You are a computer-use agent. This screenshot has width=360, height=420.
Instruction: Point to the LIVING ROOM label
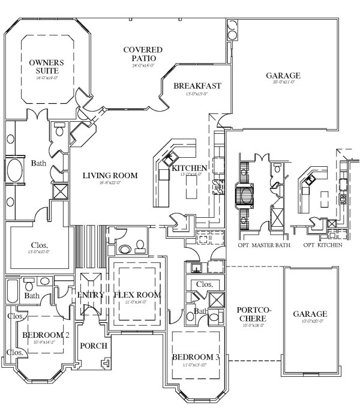(x=110, y=176)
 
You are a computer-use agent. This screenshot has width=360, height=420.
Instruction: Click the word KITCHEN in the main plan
(x=190, y=169)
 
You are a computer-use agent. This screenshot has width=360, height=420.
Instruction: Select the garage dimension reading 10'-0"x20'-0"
(x=310, y=322)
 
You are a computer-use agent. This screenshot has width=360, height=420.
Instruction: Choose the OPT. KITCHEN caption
(x=323, y=245)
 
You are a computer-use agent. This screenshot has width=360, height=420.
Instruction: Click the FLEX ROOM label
(x=138, y=295)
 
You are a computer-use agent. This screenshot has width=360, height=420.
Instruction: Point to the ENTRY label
(x=91, y=295)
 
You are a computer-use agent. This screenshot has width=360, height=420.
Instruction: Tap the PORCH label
(x=93, y=346)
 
